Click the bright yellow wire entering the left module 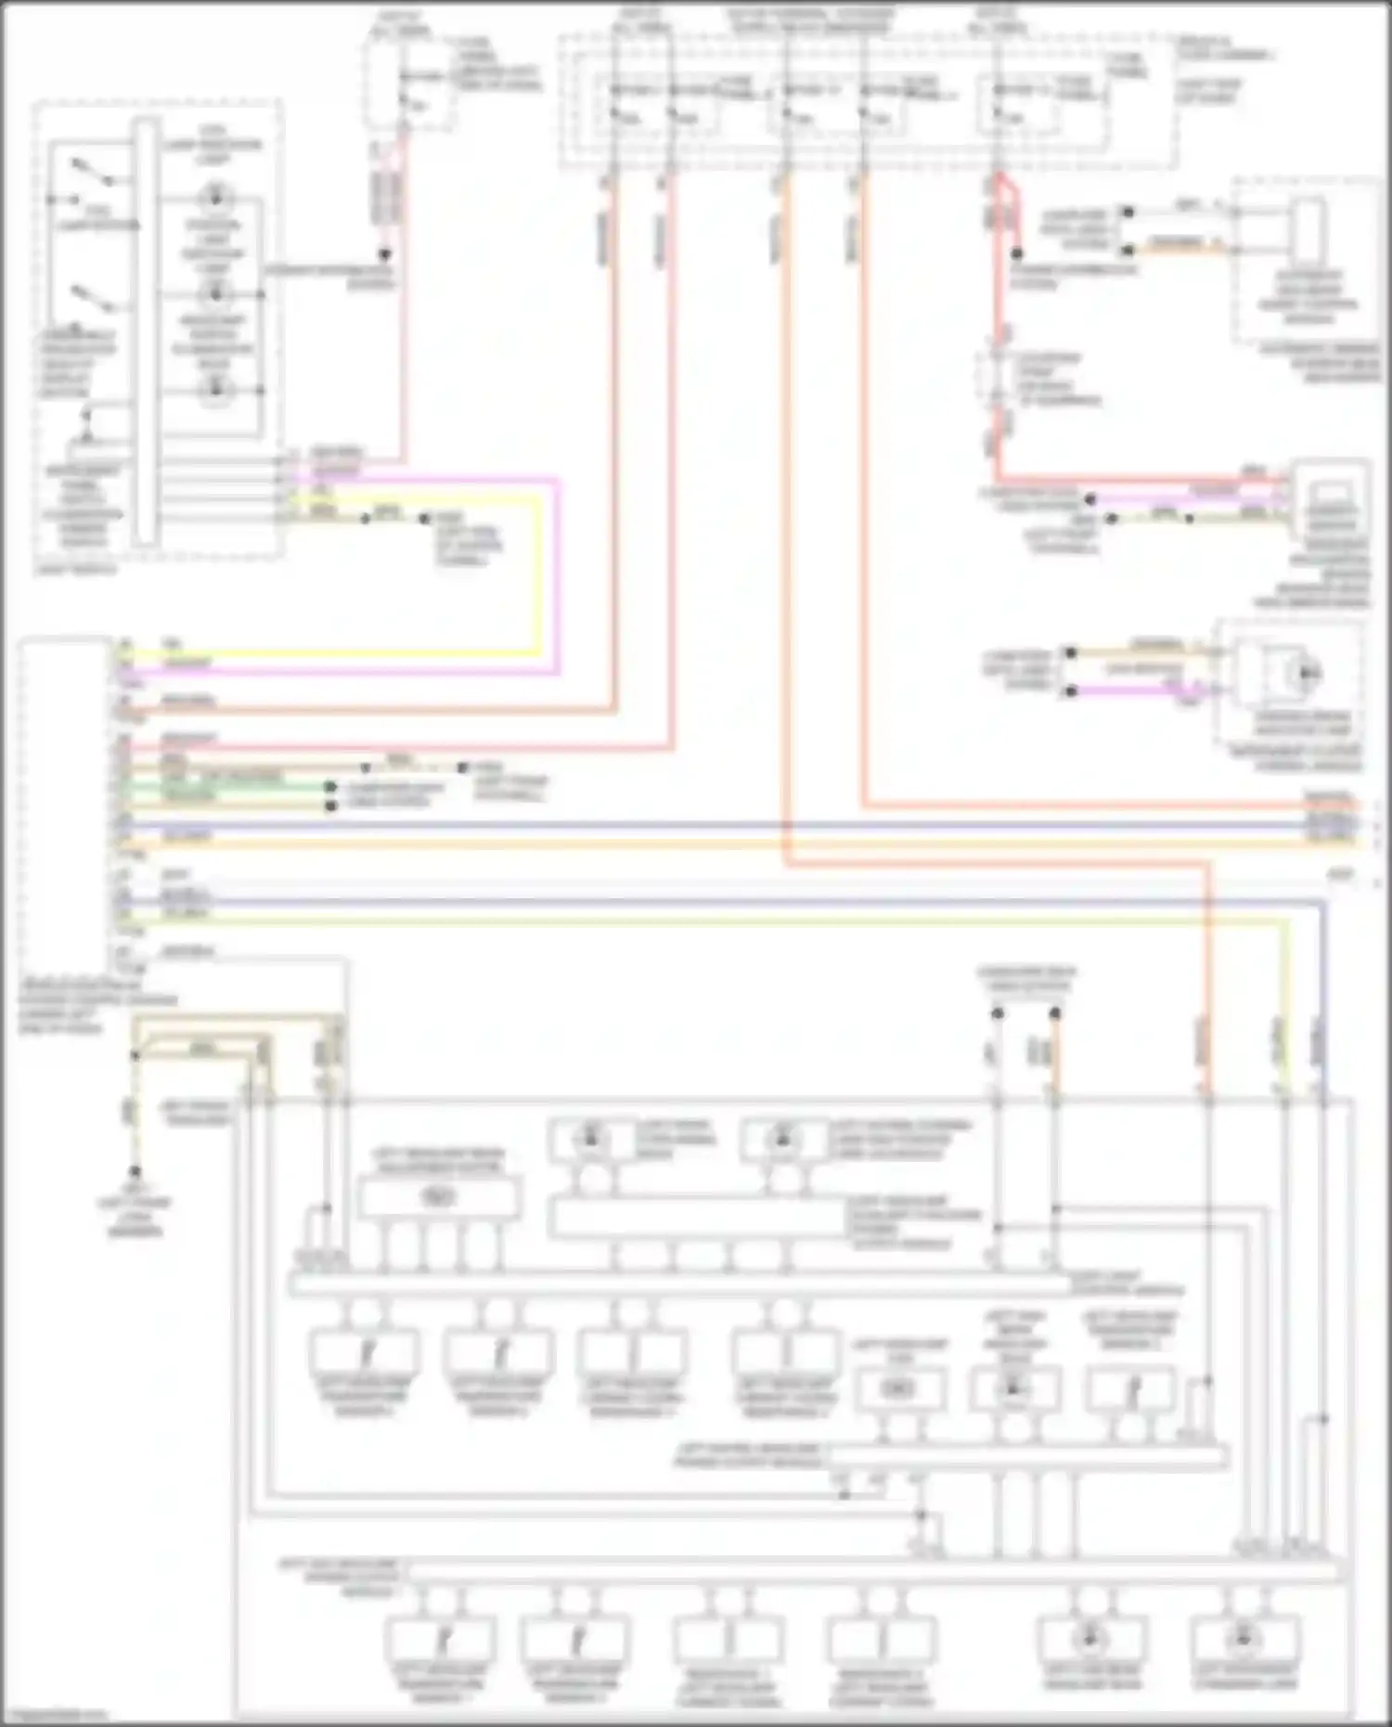pyautogui.click(x=325, y=652)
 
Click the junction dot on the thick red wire pyautogui.click(x=1017, y=252)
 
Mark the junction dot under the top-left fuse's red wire pyautogui.click(x=384, y=253)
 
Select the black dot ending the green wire pyautogui.click(x=330, y=787)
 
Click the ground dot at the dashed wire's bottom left pyautogui.click(x=135, y=1172)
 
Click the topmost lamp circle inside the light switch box pyautogui.click(x=215, y=197)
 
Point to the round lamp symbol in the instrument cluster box pyautogui.click(x=1308, y=673)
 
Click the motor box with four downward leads pyautogui.click(x=438, y=1197)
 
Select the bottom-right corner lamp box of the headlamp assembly pyautogui.click(x=1244, y=1640)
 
